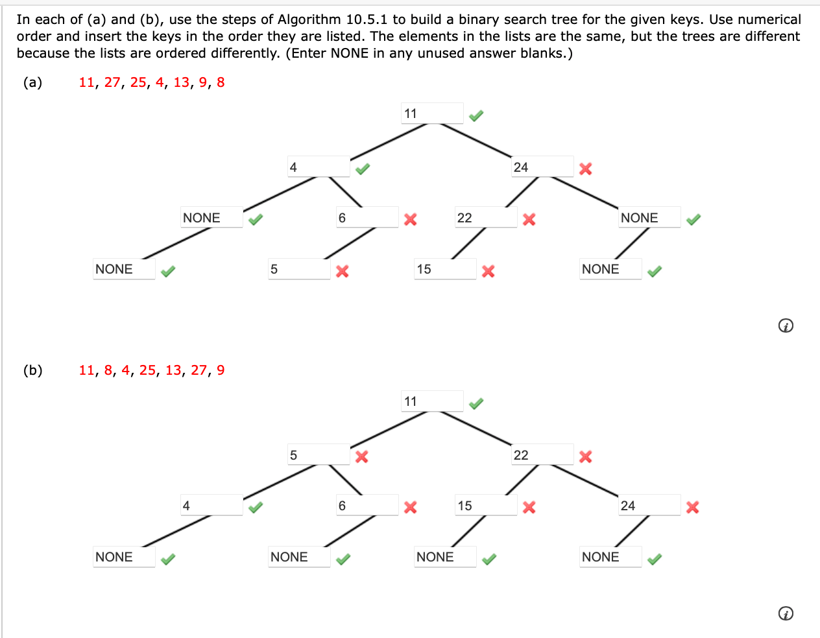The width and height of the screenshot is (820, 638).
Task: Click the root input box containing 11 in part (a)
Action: (432, 113)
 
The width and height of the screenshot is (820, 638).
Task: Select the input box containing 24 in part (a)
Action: (542, 167)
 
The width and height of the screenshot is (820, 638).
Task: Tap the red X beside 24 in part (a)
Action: (585, 169)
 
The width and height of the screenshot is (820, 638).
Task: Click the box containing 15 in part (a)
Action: (445, 269)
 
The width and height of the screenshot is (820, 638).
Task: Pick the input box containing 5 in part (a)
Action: (299, 269)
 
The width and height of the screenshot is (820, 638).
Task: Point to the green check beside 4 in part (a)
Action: (362, 169)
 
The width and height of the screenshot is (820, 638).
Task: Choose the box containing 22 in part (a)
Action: (486, 218)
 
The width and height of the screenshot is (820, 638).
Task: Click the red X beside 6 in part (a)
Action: (410, 219)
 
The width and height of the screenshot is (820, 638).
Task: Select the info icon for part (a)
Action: (785, 325)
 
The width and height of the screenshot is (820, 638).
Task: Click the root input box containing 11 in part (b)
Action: (432, 401)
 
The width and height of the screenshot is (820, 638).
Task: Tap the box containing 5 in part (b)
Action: (319, 455)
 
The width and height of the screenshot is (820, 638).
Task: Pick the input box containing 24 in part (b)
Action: (649, 506)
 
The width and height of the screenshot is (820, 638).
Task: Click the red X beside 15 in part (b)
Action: (529, 507)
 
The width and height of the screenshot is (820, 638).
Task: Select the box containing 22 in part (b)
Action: (542, 455)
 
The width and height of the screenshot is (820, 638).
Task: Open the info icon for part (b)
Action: (785, 613)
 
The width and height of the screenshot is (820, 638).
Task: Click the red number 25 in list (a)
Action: (138, 82)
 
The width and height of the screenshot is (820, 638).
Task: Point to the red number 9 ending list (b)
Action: (221, 370)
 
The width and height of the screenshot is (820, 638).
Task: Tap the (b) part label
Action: (32, 370)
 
